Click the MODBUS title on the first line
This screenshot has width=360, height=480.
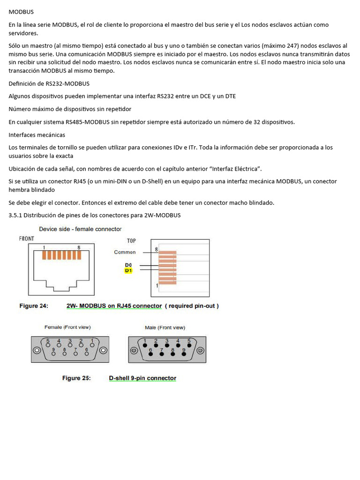(21, 11)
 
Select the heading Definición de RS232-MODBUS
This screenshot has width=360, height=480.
(49, 84)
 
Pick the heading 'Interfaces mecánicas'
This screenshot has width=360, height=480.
(37, 135)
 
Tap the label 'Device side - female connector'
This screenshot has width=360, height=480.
(80, 229)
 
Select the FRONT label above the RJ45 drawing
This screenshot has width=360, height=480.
(26, 239)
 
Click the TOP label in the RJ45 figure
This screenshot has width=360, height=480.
(131, 240)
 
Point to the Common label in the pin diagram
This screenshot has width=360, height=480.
(125, 252)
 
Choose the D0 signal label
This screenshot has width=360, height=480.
(128, 265)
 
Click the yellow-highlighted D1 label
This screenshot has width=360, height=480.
(128, 271)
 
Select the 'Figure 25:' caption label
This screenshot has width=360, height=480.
(76, 378)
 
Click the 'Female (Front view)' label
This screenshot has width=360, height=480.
(67, 327)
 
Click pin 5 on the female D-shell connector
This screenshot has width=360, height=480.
(48, 344)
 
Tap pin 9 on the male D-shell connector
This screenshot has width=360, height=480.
(184, 352)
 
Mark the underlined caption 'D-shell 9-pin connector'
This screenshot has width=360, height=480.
(142, 378)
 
